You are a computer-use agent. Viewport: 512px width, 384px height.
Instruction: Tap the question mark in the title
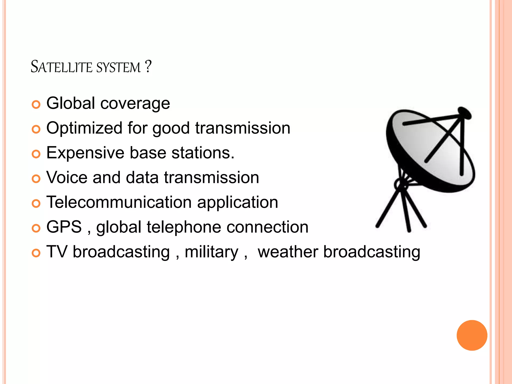click(x=148, y=66)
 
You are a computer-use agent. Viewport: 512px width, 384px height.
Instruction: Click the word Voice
click(x=67, y=177)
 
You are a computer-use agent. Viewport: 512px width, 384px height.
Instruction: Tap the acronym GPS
click(x=64, y=227)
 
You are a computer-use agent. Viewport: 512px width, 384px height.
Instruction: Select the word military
click(x=211, y=252)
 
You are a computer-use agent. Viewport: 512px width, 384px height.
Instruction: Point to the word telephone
click(x=184, y=227)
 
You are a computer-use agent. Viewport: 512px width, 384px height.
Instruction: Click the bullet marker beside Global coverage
click(x=36, y=104)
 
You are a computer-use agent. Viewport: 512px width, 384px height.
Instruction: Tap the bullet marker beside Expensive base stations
click(x=36, y=154)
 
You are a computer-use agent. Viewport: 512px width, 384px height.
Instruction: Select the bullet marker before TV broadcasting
click(x=36, y=253)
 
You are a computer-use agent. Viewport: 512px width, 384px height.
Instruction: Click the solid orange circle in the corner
click(x=472, y=335)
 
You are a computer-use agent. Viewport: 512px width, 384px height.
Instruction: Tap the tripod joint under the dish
click(x=401, y=185)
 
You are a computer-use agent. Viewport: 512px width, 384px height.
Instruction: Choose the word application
click(x=237, y=202)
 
